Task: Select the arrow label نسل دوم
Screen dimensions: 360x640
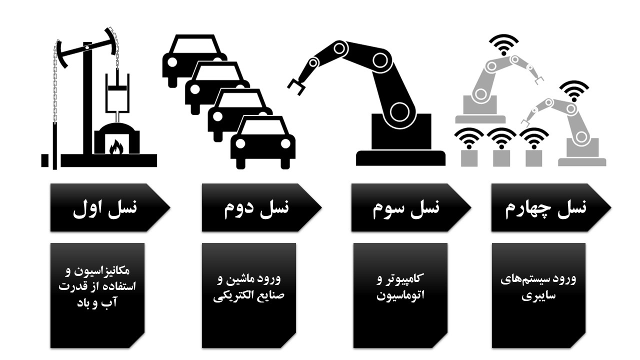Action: click(x=255, y=207)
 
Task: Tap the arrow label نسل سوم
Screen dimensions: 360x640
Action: click(x=405, y=207)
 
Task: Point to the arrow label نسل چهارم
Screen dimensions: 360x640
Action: click(x=545, y=207)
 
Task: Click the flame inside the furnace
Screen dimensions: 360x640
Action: click(x=116, y=147)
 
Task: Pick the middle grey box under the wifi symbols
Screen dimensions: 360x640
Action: click(x=501, y=157)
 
